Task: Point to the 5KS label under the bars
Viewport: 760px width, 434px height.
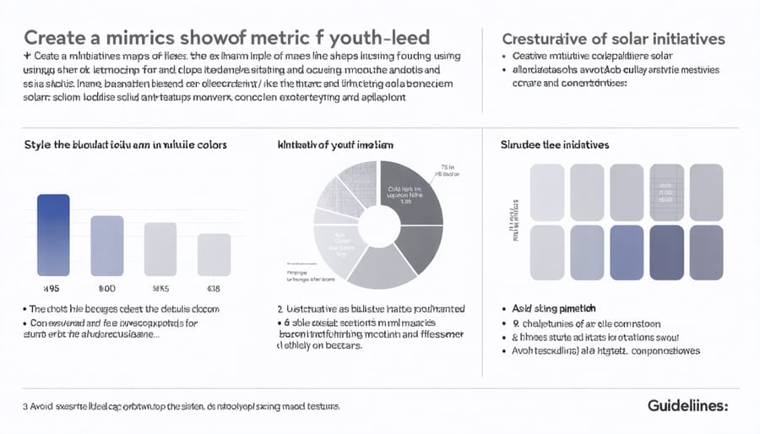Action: coord(161,285)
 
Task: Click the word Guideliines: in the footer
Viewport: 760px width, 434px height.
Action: coord(687,406)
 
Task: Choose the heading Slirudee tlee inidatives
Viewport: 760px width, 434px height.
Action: coord(555,145)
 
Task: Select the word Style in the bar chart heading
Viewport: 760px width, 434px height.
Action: coord(39,145)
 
